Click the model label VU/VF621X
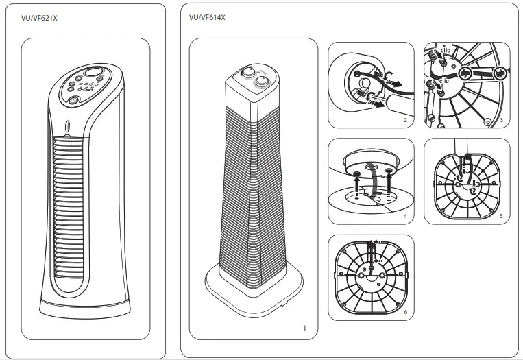pyautogui.click(x=39, y=18)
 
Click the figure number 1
pyautogui.click(x=305, y=328)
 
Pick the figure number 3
pyautogui.click(x=502, y=121)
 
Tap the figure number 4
pyautogui.click(x=405, y=217)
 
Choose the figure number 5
pyautogui.click(x=502, y=217)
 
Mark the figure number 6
pyautogui.click(x=405, y=313)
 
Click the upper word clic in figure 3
pyautogui.click(x=446, y=50)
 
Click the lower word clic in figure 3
pyautogui.click(x=444, y=80)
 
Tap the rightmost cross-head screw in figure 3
pyautogui.click(x=499, y=71)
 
